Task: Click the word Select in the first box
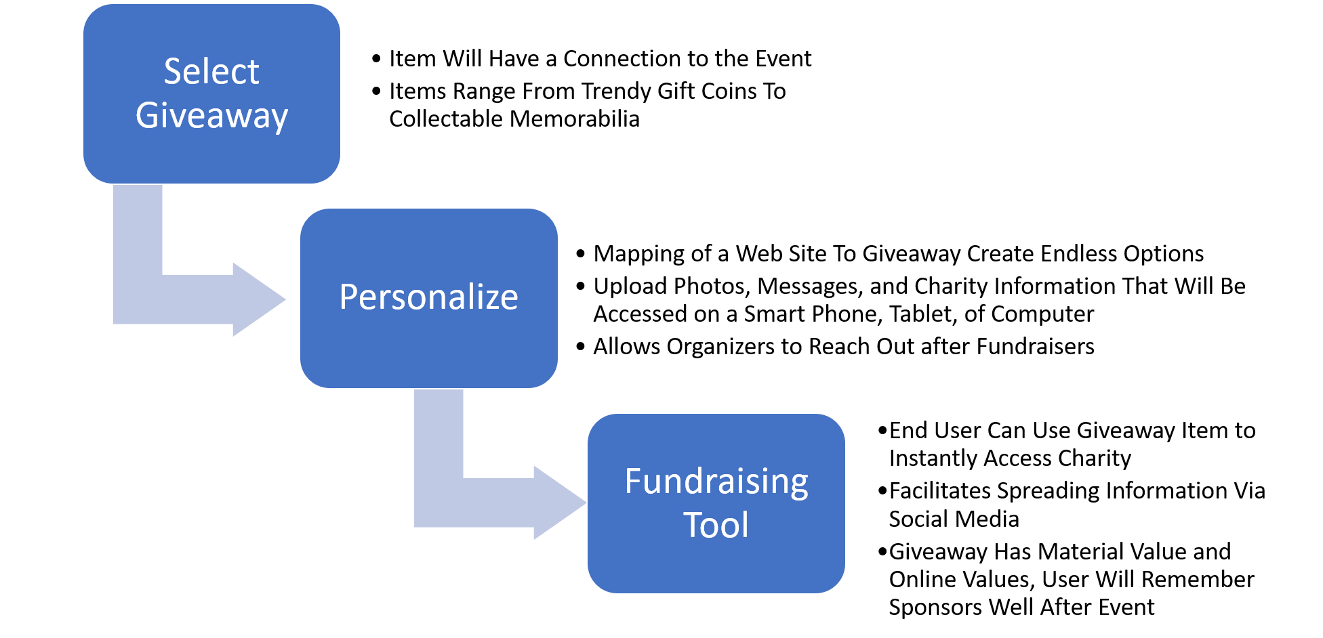[211, 72]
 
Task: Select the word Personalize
[428, 297]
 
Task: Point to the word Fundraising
[716, 482]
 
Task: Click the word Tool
[716, 526]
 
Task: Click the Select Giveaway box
[211, 156]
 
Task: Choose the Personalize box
[428, 352]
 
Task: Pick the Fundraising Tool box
[716, 566]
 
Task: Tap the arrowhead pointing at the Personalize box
[258, 299]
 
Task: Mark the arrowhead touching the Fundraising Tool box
[558, 503]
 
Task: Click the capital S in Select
[173, 72]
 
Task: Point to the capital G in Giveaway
[147, 115]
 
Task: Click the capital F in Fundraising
[633, 482]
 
